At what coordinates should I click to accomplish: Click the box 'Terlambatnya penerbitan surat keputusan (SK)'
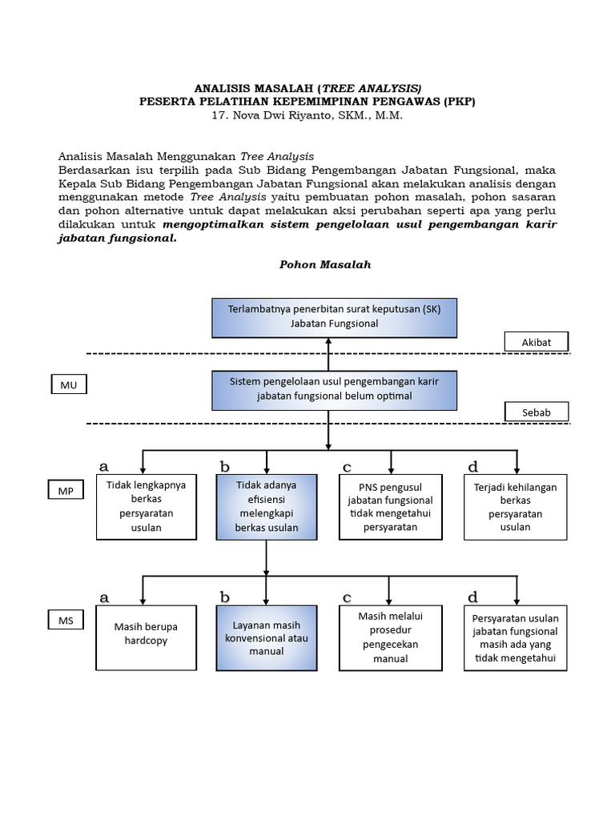pyautogui.click(x=334, y=316)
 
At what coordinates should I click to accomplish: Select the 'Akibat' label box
pyautogui.click(x=537, y=342)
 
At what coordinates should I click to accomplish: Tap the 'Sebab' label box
pyautogui.click(x=537, y=412)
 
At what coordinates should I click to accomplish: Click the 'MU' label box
pyautogui.click(x=68, y=385)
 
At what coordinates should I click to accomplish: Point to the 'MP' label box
pyautogui.click(x=65, y=490)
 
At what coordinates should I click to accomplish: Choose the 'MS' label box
pyautogui.click(x=65, y=621)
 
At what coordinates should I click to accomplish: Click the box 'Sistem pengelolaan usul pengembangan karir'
pyautogui.click(x=334, y=389)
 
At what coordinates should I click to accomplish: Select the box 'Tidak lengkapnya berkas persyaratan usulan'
pyautogui.click(x=146, y=507)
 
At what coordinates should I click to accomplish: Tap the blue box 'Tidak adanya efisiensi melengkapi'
pyautogui.click(x=267, y=507)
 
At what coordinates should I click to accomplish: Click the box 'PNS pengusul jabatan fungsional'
pyautogui.click(x=391, y=507)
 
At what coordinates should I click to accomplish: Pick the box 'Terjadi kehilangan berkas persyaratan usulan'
pyautogui.click(x=515, y=507)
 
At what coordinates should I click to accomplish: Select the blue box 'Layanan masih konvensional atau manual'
pyautogui.click(x=267, y=637)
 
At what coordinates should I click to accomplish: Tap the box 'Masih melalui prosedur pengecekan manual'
pyautogui.click(x=391, y=637)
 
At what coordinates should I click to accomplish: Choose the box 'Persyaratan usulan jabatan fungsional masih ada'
pyautogui.click(x=515, y=638)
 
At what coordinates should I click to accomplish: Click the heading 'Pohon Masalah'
pyautogui.click(x=325, y=264)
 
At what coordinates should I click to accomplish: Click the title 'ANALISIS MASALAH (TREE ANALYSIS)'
pyautogui.click(x=308, y=87)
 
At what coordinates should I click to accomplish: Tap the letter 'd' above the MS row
pyautogui.click(x=472, y=597)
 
